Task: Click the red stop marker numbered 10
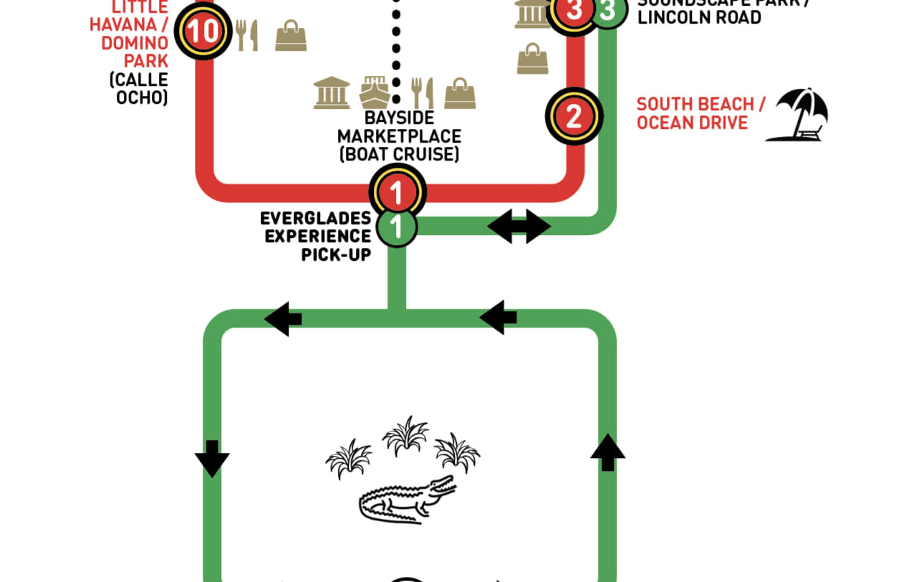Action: (204, 32)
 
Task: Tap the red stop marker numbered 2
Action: (574, 116)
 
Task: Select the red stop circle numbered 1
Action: (397, 192)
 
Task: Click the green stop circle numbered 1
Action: (397, 227)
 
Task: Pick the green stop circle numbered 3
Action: (608, 11)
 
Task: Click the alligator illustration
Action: (407, 499)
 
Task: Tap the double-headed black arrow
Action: (519, 226)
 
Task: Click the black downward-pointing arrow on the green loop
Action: (212, 458)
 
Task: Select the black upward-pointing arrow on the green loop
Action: (607, 452)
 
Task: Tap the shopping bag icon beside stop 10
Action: (291, 35)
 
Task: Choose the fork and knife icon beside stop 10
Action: (247, 34)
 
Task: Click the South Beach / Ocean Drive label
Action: (700, 113)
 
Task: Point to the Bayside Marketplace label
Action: (399, 135)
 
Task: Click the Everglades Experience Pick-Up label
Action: (316, 236)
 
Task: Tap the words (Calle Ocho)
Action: (139, 88)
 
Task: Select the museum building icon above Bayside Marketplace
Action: (332, 93)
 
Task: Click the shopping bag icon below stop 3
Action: (532, 58)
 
